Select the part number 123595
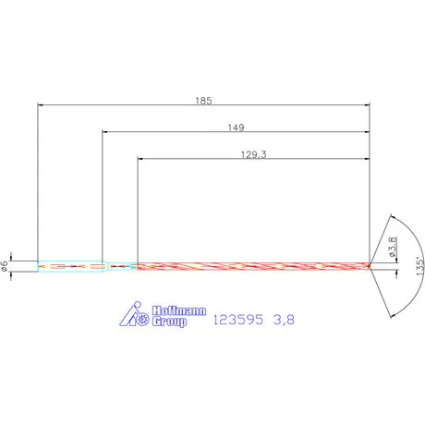tap(238, 320)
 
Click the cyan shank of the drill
tap(69, 266)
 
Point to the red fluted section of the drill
tap(249, 266)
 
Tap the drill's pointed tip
tap(370, 266)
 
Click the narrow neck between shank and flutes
tap(120, 266)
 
